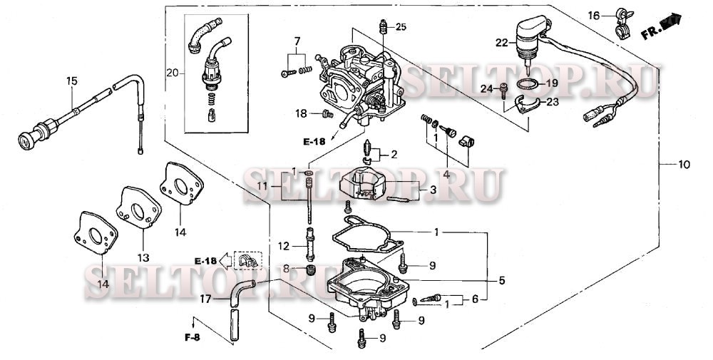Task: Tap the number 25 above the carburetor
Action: (401, 27)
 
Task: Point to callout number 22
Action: (502, 43)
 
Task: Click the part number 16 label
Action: (594, 15)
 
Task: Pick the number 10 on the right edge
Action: (684, 165)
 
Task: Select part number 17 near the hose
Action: (205, 299)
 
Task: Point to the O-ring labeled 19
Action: (528, 86)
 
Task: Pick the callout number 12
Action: (283, 246)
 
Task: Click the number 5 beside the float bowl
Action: (502, 281)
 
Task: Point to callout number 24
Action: (488, 88)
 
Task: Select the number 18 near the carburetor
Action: (302, 113)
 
